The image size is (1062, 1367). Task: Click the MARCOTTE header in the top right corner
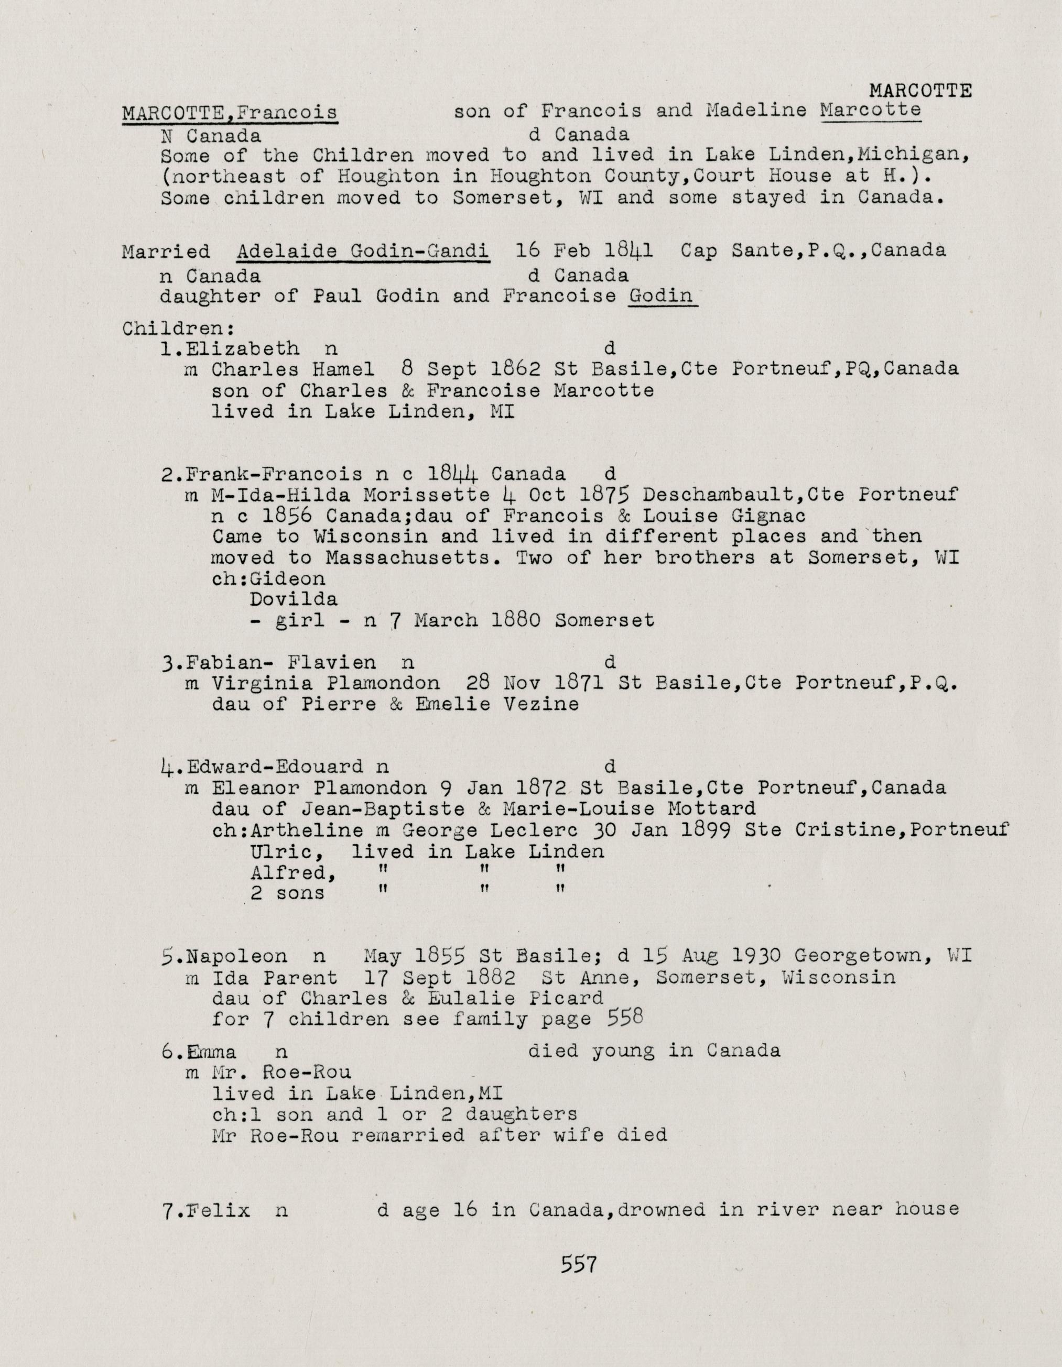920,91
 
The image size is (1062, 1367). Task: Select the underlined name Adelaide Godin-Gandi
363,251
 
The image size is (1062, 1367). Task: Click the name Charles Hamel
293,369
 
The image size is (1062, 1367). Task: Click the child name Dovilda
293,599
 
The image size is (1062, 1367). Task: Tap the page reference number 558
625,1019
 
